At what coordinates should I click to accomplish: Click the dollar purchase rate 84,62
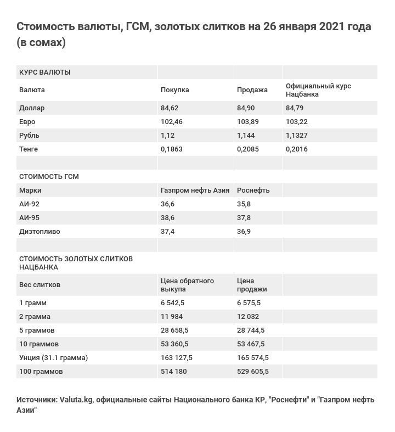(170, 108)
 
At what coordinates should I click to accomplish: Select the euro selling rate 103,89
(247, 122)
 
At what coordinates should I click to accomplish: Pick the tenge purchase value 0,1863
(172, 149)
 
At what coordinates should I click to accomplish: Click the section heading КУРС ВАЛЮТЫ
(44, 72)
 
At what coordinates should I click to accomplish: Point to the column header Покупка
(174, 90)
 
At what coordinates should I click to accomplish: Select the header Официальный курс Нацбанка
(318, 90)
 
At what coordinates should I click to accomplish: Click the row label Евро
(27, 122)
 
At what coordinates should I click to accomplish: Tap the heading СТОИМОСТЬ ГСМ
(49, 177)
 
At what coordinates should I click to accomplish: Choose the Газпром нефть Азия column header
(195, 190)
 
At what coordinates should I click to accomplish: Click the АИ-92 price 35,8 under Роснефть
(244, 204)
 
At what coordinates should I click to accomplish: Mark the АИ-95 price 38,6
(167, 218)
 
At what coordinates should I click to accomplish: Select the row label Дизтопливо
(39, 232)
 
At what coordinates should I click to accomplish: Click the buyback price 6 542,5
(172, 303)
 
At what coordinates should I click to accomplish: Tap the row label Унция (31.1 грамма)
(53, 358)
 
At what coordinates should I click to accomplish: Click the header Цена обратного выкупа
(187, 285)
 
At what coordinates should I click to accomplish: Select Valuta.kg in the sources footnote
(76, 400)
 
